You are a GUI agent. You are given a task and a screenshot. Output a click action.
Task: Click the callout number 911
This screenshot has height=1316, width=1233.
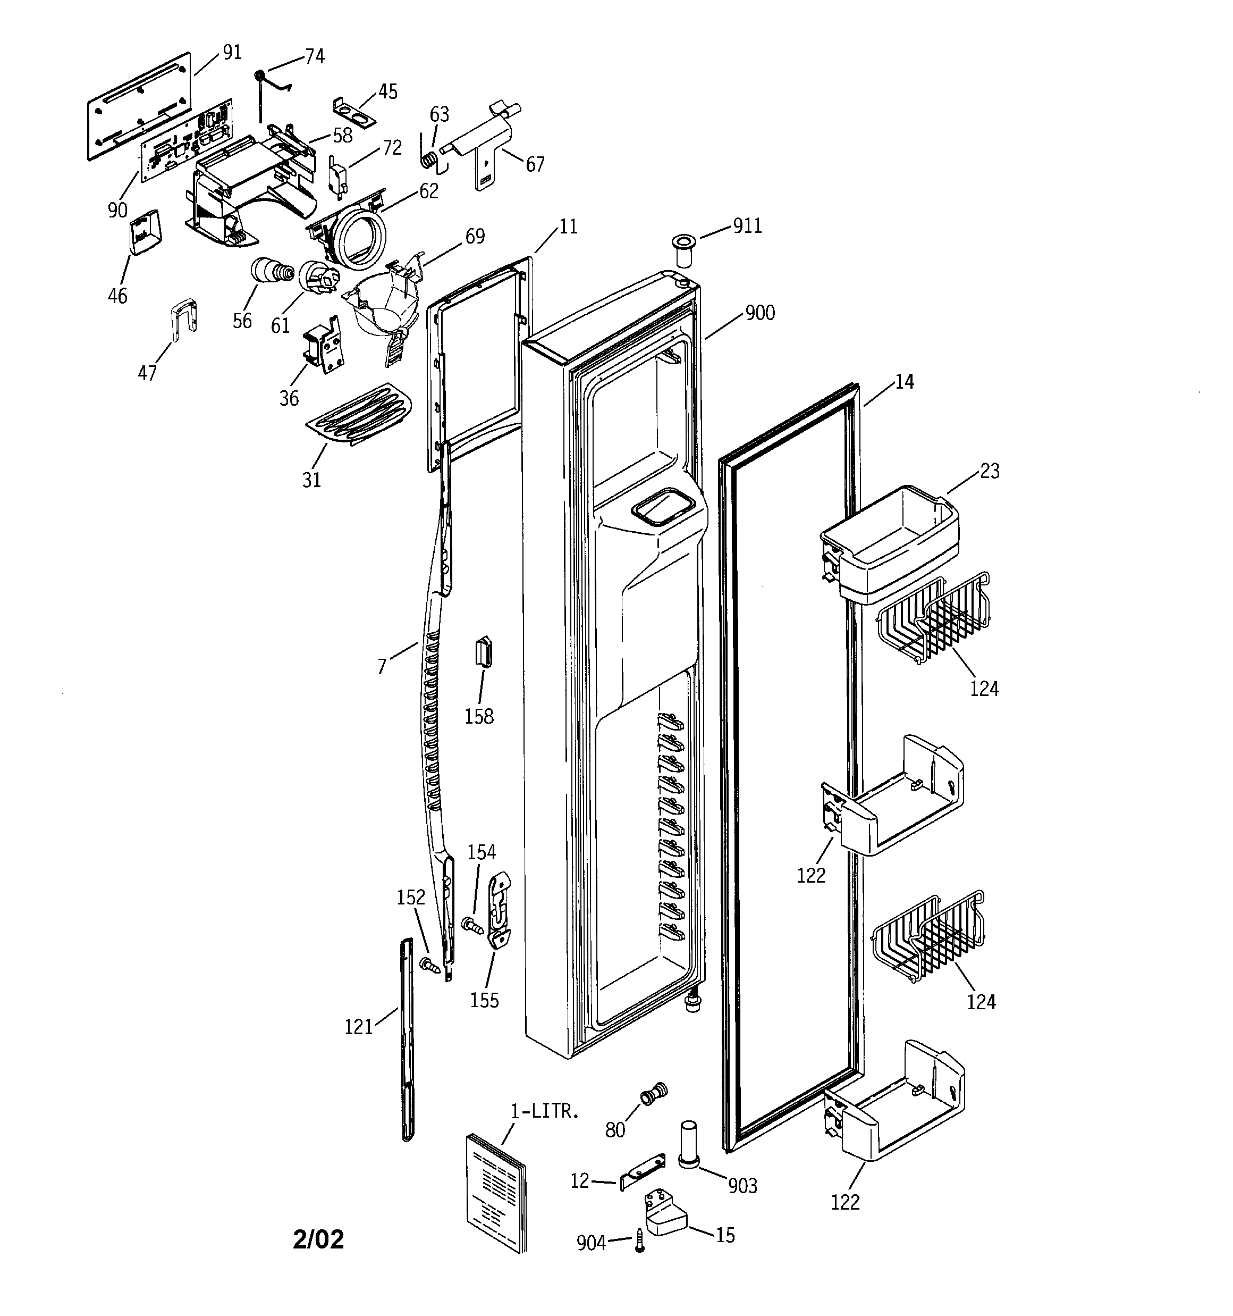(x=747, y=227)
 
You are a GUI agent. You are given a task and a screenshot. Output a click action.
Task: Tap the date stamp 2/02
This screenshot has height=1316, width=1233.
(x=318, y=1239)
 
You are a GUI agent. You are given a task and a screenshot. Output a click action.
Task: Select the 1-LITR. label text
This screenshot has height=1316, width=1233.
(x=545, y=1111)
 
